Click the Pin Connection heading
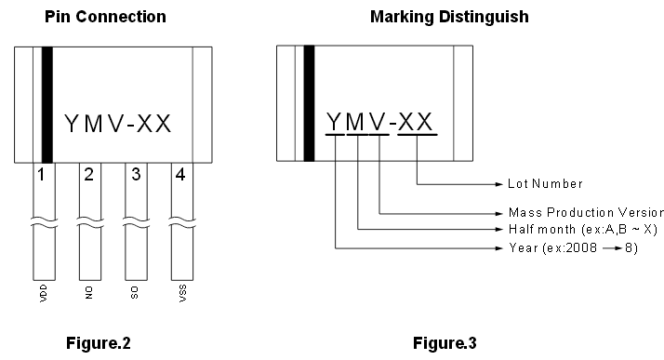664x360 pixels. coord(105,17)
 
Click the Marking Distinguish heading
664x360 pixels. coord(449,17)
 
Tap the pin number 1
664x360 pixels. coord(41,175)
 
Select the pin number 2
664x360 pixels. coord(88,175)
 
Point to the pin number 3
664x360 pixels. coord(136,175)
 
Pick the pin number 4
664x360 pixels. coord(180,175)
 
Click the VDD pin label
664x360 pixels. coord(43,293)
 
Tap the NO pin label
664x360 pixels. coord(89,293)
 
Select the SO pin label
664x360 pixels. coord(135,293)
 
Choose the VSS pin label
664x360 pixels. coord(182,293)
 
